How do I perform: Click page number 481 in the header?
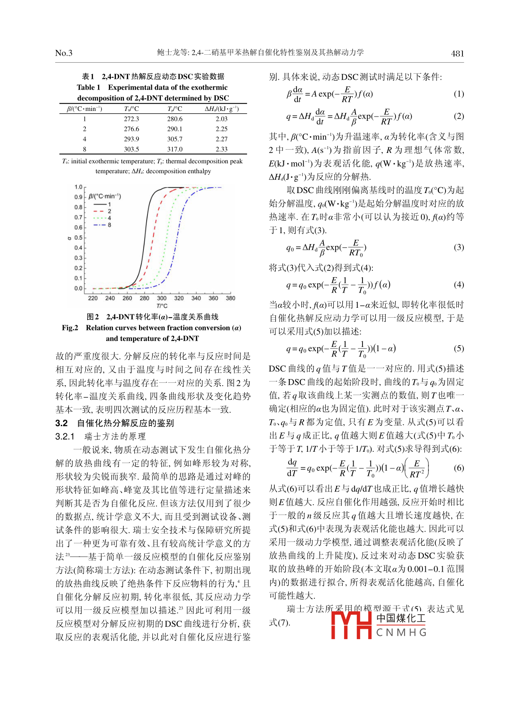(x=457, y=53)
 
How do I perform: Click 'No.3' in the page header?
(x=64, y=53)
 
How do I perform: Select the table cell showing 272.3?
(x=132, y=119)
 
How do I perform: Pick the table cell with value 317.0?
(x=174, y=149)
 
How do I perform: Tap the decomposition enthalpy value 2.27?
(x=222, y=139)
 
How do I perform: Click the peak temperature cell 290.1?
(x=174, y=129)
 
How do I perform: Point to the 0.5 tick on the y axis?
(x=78, y=238)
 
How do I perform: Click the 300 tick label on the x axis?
(x=162, y=298)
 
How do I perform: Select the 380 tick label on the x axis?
(x=231, y=298)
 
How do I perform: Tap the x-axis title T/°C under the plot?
(x=162, y=306)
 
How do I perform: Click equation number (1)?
(x=458, y=94)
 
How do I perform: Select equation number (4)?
(x=458, y=285)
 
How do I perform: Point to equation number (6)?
(x=458, y=468)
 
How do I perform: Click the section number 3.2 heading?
(x=62, y=423)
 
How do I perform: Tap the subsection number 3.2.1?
(x=65, y=436)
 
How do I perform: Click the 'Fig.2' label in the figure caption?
(x=70, y=328)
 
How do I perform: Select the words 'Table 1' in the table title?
(x=89, y=87)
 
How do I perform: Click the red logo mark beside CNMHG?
(x=351, y=625)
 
